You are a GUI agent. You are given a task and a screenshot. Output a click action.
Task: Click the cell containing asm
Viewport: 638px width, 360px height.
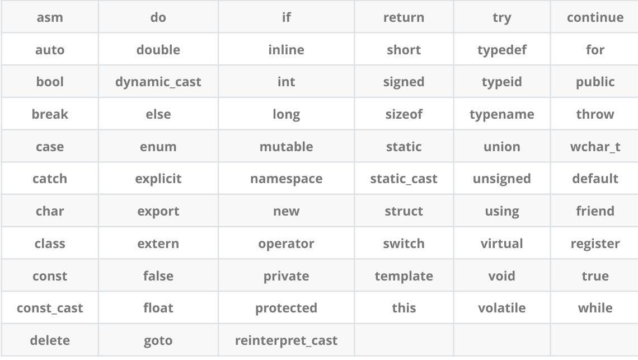tap(50, 17)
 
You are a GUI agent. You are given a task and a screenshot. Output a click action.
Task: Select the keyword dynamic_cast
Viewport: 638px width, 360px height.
tap(158, 82)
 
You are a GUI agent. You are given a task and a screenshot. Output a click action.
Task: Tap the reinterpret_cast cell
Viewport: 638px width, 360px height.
tap(286, 340)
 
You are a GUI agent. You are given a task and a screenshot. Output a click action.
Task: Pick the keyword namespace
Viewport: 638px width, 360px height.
tap(286, 179)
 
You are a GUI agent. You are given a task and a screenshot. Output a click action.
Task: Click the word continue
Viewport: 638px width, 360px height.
tap(595, 17)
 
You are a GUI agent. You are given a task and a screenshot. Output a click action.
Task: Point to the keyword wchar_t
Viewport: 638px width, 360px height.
tap(595, 147)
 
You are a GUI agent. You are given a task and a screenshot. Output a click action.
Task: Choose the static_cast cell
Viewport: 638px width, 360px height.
tap(404, 179)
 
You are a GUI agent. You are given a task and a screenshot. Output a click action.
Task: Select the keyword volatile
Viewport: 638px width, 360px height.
tap(501, 308)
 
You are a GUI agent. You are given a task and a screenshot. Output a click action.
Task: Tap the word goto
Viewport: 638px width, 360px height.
tap(158, 340)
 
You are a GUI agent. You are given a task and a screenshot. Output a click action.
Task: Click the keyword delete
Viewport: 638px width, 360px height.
tap(50, 340)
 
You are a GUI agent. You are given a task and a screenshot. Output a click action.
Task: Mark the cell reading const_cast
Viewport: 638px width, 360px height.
tap(50, 308)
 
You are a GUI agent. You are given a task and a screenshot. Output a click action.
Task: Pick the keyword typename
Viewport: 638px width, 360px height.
tap(501, 114)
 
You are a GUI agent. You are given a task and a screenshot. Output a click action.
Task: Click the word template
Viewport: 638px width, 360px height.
tap(404, 276)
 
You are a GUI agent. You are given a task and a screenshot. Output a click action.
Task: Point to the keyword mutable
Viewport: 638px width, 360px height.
tap(286, 147)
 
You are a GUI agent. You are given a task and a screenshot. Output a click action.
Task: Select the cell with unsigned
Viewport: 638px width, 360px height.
tap(501, 179)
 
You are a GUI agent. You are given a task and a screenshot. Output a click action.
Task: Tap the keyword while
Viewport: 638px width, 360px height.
tap(595, 308)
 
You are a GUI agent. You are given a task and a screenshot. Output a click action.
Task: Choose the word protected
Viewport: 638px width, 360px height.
tap(286, 308)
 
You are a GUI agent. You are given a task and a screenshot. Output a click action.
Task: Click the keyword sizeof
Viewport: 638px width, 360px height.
tap(404, 114)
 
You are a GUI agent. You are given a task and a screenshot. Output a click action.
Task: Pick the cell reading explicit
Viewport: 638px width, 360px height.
tap(158, 179)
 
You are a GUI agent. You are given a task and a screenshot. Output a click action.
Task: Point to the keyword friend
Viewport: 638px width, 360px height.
tap(595, 211)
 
